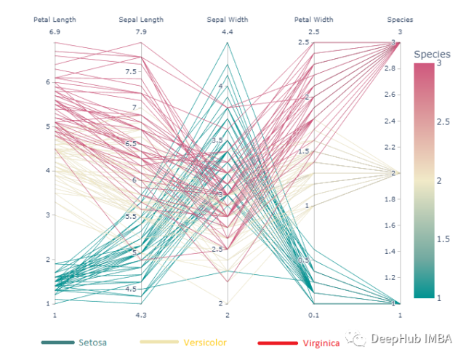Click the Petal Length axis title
pos(55,20)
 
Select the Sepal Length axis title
pos(141,20)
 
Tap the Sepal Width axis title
pos(228,20)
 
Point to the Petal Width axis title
pos(314,20)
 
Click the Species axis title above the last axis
pos(400,20)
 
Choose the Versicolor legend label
pos(205,342)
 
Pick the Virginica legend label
pos(321,342)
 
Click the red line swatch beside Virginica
pos(278,342)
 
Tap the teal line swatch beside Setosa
pos(58,342)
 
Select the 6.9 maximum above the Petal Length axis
pos(55,32)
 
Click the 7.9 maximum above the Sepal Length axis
pos(141,32)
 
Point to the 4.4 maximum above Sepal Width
pos(228,32)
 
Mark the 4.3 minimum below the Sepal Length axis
pos(141,315)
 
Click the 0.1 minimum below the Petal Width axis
pos(314,315)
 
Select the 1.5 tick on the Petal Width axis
pos(305,151)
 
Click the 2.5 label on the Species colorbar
pos(443,121)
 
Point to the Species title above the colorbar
pos(432,55)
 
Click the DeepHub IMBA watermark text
pos(411,338)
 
